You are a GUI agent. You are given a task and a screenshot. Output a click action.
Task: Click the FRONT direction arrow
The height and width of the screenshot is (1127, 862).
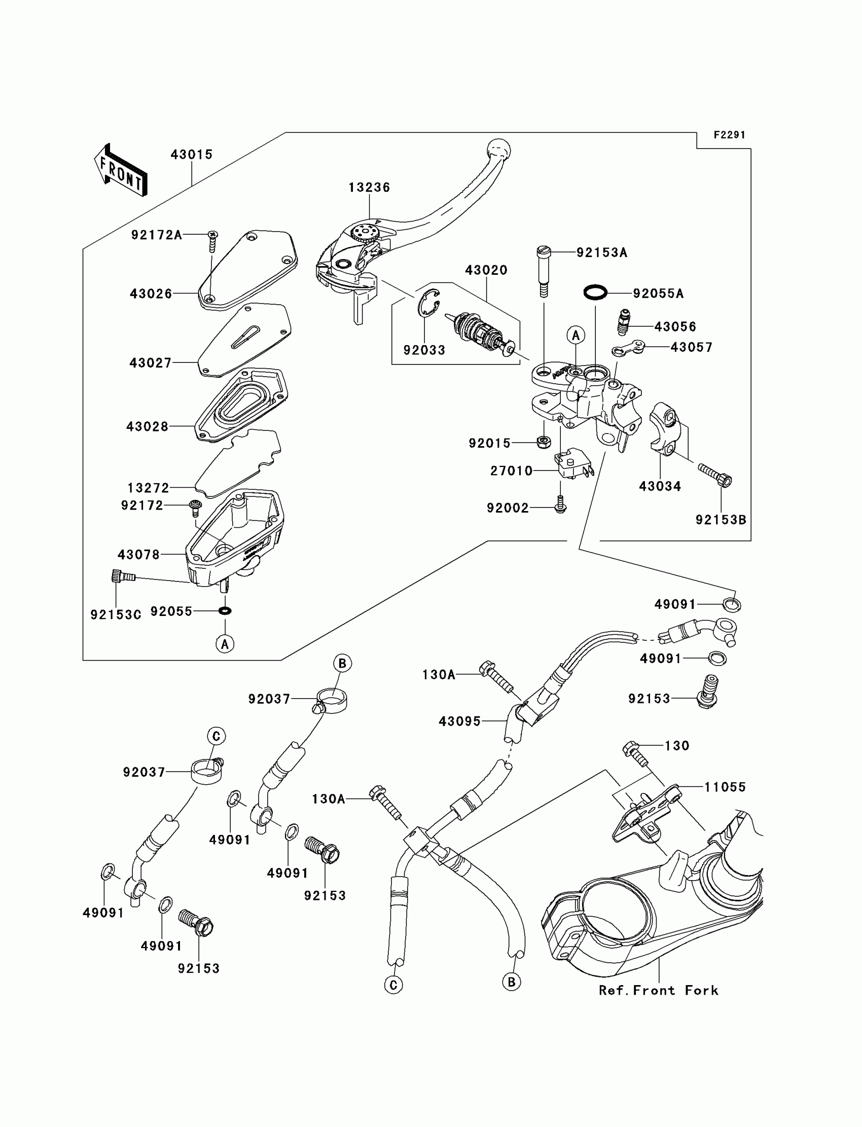tap(121, 170)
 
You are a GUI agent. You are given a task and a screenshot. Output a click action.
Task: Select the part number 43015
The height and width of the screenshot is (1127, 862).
tap(191, 155)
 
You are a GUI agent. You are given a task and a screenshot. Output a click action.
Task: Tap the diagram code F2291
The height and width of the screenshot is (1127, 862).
tap(729, 135)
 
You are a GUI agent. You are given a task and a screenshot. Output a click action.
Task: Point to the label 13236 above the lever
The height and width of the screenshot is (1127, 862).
tap(369, 188)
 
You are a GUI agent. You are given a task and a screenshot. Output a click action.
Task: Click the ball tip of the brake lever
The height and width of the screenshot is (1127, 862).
tap(499, 149)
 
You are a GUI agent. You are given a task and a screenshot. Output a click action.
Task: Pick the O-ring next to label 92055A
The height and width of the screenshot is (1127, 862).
tap(595, 293)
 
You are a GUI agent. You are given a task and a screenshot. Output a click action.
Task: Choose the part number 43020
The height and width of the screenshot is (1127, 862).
tap(486, 270)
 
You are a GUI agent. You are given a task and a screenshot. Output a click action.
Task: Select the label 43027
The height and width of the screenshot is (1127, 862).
tap(150, 363)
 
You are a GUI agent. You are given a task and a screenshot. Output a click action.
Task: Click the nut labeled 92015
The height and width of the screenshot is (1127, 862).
tap(544, 442)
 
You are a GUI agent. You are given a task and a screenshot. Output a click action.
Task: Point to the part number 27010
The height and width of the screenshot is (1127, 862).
tap(511, 471)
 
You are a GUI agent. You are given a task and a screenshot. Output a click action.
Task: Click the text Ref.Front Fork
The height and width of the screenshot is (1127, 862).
tap(658, 991)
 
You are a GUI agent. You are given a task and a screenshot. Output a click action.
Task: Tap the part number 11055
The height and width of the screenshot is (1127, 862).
tap(725, 787)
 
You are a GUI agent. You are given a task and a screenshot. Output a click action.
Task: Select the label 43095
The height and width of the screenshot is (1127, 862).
tap(459, 721)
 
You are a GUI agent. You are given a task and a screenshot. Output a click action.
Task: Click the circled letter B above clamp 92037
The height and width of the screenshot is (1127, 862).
tap(342, 663)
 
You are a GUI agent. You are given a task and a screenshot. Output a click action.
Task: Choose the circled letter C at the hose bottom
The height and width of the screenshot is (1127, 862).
tap(393, 985)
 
